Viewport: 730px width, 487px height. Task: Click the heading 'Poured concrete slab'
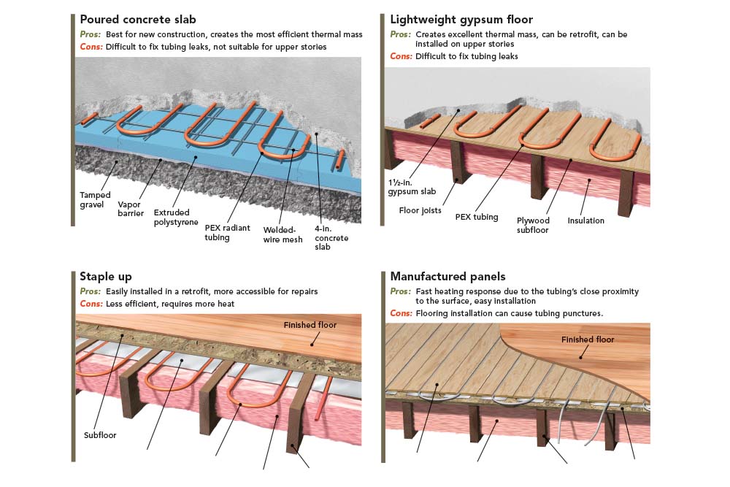pos(138,20)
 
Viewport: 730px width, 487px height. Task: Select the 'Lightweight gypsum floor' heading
pos(461,20)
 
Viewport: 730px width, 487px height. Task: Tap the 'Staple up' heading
pos(106,277)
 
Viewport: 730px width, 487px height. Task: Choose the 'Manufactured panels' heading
pos(447,277)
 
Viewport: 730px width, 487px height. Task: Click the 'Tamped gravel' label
pos(96,200)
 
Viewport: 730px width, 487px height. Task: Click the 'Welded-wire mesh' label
pos(284,234)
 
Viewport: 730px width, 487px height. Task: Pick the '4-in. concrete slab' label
pos(331,238)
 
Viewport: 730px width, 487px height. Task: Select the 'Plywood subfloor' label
pos(533,225)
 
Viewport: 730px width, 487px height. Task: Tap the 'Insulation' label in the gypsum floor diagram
pos(585,221)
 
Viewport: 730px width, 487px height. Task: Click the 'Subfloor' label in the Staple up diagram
pos(100,435)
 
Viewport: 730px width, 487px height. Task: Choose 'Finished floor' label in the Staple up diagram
pos(310,325)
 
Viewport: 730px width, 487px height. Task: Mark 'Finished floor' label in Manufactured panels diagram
pos(588,340)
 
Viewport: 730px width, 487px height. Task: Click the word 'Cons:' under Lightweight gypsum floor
pos(401,56)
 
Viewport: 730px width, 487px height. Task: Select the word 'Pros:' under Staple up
pos(91,291)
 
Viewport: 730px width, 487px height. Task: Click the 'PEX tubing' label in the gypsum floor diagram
pos(477,217)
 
